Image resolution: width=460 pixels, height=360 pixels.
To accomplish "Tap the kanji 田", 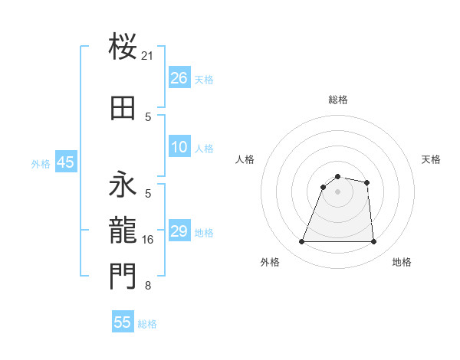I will [x=123, y=108].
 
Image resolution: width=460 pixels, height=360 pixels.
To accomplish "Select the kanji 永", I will [x=123, y=184].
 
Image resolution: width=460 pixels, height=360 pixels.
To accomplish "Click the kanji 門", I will [x=123, y=276].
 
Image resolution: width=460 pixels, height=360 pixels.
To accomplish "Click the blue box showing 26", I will [x=179, y=78].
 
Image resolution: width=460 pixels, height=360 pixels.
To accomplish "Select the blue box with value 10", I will [x=179, y=147].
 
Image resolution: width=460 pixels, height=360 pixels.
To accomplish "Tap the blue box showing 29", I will [x=179, y=231].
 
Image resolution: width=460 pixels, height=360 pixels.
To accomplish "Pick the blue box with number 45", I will [x=65, y=162].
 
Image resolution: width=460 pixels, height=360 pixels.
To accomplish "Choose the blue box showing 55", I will [x=123, y=322].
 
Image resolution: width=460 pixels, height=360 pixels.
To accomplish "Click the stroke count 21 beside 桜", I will [x=148, y=56].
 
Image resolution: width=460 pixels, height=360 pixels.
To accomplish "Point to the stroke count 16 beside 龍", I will [x=148, y=240].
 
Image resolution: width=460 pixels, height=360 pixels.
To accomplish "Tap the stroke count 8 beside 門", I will [x=148, y=286].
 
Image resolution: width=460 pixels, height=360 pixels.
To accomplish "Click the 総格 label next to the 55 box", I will [x=147, y=324].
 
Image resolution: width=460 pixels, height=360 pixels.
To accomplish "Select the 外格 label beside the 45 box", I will [x=41, y=163].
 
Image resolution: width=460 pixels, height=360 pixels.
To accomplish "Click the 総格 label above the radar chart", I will [x=337, y=100].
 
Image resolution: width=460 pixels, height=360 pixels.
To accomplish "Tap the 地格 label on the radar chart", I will [x=402, y=262].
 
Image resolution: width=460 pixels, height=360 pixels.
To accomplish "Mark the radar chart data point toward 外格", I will [x=301, y=242].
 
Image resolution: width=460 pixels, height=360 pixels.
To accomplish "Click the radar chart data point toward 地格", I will [x=373, y=242].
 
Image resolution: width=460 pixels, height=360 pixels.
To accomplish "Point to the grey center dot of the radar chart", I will [x=337, y=191].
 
